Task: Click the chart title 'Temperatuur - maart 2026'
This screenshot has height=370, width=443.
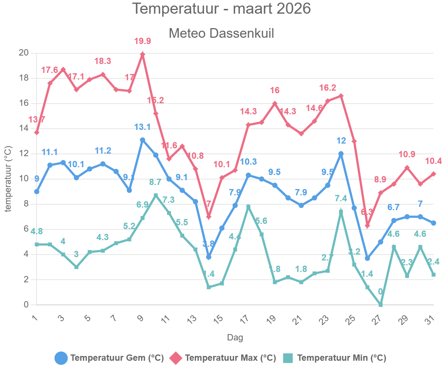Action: (x=221, y=9)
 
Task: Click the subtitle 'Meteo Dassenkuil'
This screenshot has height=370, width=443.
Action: (x=221, y=33)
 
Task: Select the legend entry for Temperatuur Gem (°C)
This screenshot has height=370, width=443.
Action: (x=109, y=358)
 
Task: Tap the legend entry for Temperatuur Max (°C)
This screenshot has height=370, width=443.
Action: (x=223, y=358)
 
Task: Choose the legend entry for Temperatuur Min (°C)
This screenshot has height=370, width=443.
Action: (x=334, y=358)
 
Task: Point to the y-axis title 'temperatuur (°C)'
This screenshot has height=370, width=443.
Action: (x=8, y=179)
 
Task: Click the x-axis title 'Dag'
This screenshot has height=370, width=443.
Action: (x=235, y=337)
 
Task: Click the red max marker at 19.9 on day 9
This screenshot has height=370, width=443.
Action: (x=142, y=54)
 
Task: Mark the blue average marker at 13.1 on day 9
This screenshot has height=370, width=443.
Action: (x=142, y=140)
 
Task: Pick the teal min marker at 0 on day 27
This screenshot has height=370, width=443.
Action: (x=381, y=305)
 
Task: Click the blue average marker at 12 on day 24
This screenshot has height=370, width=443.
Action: (x=341, y=154)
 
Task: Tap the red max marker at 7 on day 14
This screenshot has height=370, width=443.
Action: (x=209, y=217)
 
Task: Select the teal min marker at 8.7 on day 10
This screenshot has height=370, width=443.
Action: (x=156, y=195)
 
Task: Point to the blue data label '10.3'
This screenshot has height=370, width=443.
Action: (x=248, y=162)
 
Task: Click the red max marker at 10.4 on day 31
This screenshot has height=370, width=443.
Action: (x=433, y=174)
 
